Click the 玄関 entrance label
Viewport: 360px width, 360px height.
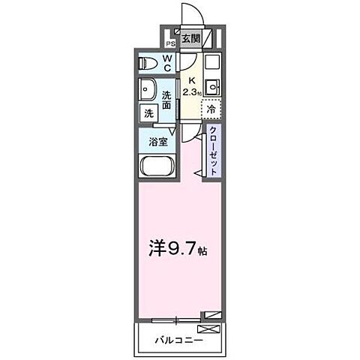(x=190, y=38)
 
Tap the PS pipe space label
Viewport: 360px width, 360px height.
(x=171, y=42)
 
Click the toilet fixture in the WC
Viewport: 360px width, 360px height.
(x=146, y=64)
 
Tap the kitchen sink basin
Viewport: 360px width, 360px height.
(x=211, y=84)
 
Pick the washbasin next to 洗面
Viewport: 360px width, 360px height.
(x=146, y=91)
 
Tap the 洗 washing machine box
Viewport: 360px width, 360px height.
(x=148, y=113)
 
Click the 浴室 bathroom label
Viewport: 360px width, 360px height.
(x=157, y=141)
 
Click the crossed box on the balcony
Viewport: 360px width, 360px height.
(x=210, y=328)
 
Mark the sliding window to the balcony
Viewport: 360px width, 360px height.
(x=175, y=320)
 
